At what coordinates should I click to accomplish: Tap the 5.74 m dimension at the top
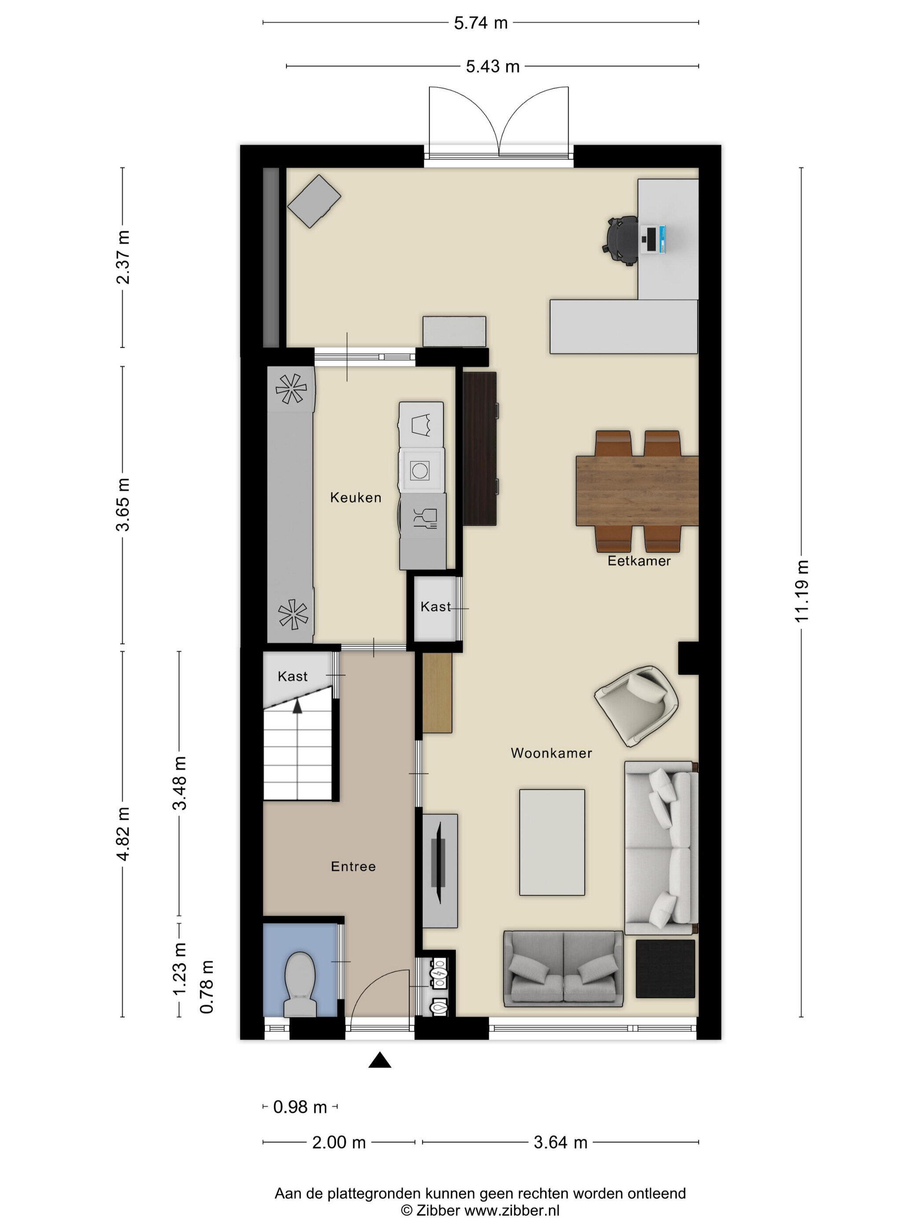(x=480, y=23)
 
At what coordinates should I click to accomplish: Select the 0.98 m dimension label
(x=300, y=1107)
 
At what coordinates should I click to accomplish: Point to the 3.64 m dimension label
(x=560, y=1142)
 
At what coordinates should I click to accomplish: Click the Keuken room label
(x=356, y=497)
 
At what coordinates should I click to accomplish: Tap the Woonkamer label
(x=551, y=753)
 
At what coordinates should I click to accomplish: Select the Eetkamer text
(x=639, y=561)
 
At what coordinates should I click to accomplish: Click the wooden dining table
(x=637, y=491)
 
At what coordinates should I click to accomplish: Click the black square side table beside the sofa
(x=665, y=969)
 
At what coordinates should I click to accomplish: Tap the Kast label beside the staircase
(x=293, y=676)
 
